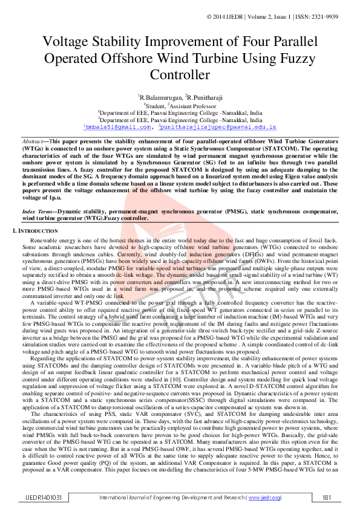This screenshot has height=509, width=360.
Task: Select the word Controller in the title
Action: click(179, 75)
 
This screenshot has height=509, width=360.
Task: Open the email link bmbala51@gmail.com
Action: click(117, 128)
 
